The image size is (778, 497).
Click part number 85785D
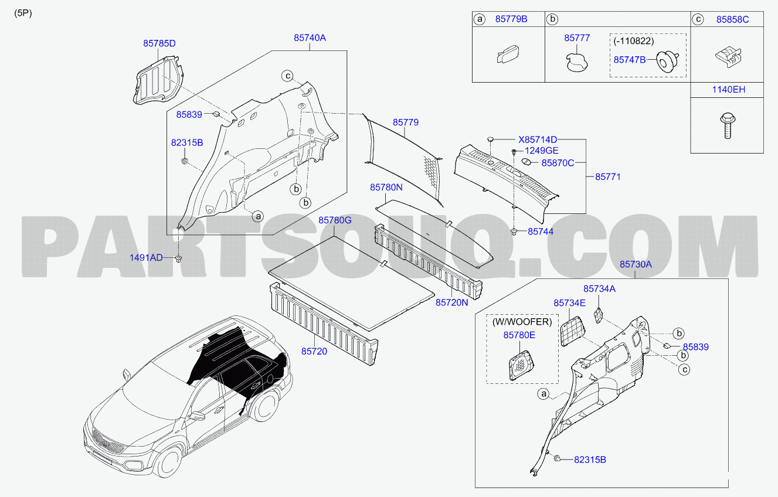point(159,43)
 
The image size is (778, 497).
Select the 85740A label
point(310,38)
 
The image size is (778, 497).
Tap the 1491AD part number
point(146,258)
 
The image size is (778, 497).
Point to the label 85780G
point(335,220)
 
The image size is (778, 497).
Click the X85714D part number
point(538,139)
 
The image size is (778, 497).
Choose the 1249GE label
point(542,151)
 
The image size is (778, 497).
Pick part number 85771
point(608,177)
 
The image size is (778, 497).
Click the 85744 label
point(541,232)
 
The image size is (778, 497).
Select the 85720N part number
point(452,302)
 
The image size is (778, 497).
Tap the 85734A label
point(599,288)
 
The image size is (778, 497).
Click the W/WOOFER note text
point(522,322)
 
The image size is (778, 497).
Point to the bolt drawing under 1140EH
point(728,125)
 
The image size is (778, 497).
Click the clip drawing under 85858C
point(728,57)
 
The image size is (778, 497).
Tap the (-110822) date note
point(634,41)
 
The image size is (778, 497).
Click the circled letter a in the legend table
point(480,19)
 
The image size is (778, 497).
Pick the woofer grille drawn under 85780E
point(521,366)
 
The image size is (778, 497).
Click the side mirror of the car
point(127,375)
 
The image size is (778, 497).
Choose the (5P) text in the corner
point(23,13)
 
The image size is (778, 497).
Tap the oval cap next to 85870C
point(526,162)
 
